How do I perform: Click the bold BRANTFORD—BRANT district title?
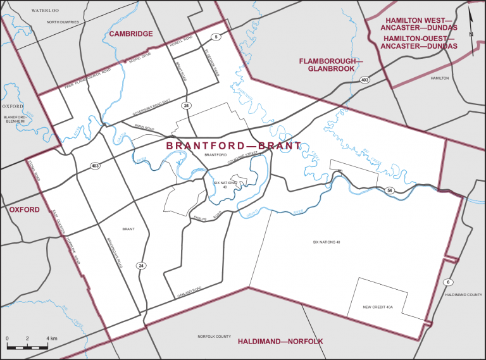(234, 146)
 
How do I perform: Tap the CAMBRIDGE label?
(132, 34)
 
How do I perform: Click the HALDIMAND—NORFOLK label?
(280, 342)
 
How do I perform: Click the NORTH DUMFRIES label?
(63, 22)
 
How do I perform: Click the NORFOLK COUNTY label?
(214, 337)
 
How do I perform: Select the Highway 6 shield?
(449, 282)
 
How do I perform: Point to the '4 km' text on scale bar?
(51, 339)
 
